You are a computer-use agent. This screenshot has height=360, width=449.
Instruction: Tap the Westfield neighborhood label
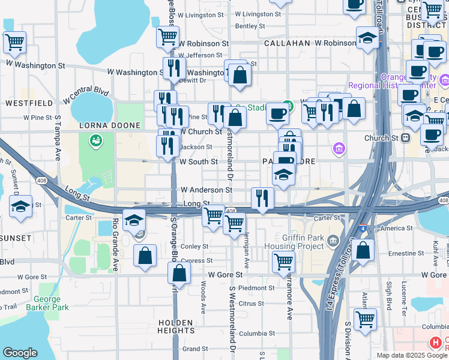point(25,103)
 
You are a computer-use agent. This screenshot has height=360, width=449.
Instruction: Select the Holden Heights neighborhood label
point(176,326)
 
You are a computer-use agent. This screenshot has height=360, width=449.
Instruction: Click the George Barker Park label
point(47,303)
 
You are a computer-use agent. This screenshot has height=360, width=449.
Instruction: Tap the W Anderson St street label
point(206,190)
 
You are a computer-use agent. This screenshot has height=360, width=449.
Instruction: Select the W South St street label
point(199,162)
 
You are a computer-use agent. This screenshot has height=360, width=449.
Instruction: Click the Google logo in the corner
point(20,353)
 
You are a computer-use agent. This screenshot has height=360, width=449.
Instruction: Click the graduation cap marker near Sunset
point(21,206)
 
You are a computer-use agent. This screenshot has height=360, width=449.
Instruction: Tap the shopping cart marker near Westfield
point(14,43)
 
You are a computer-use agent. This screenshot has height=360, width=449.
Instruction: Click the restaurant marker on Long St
point(262,199)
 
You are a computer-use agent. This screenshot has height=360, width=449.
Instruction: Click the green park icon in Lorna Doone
point(94,141)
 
